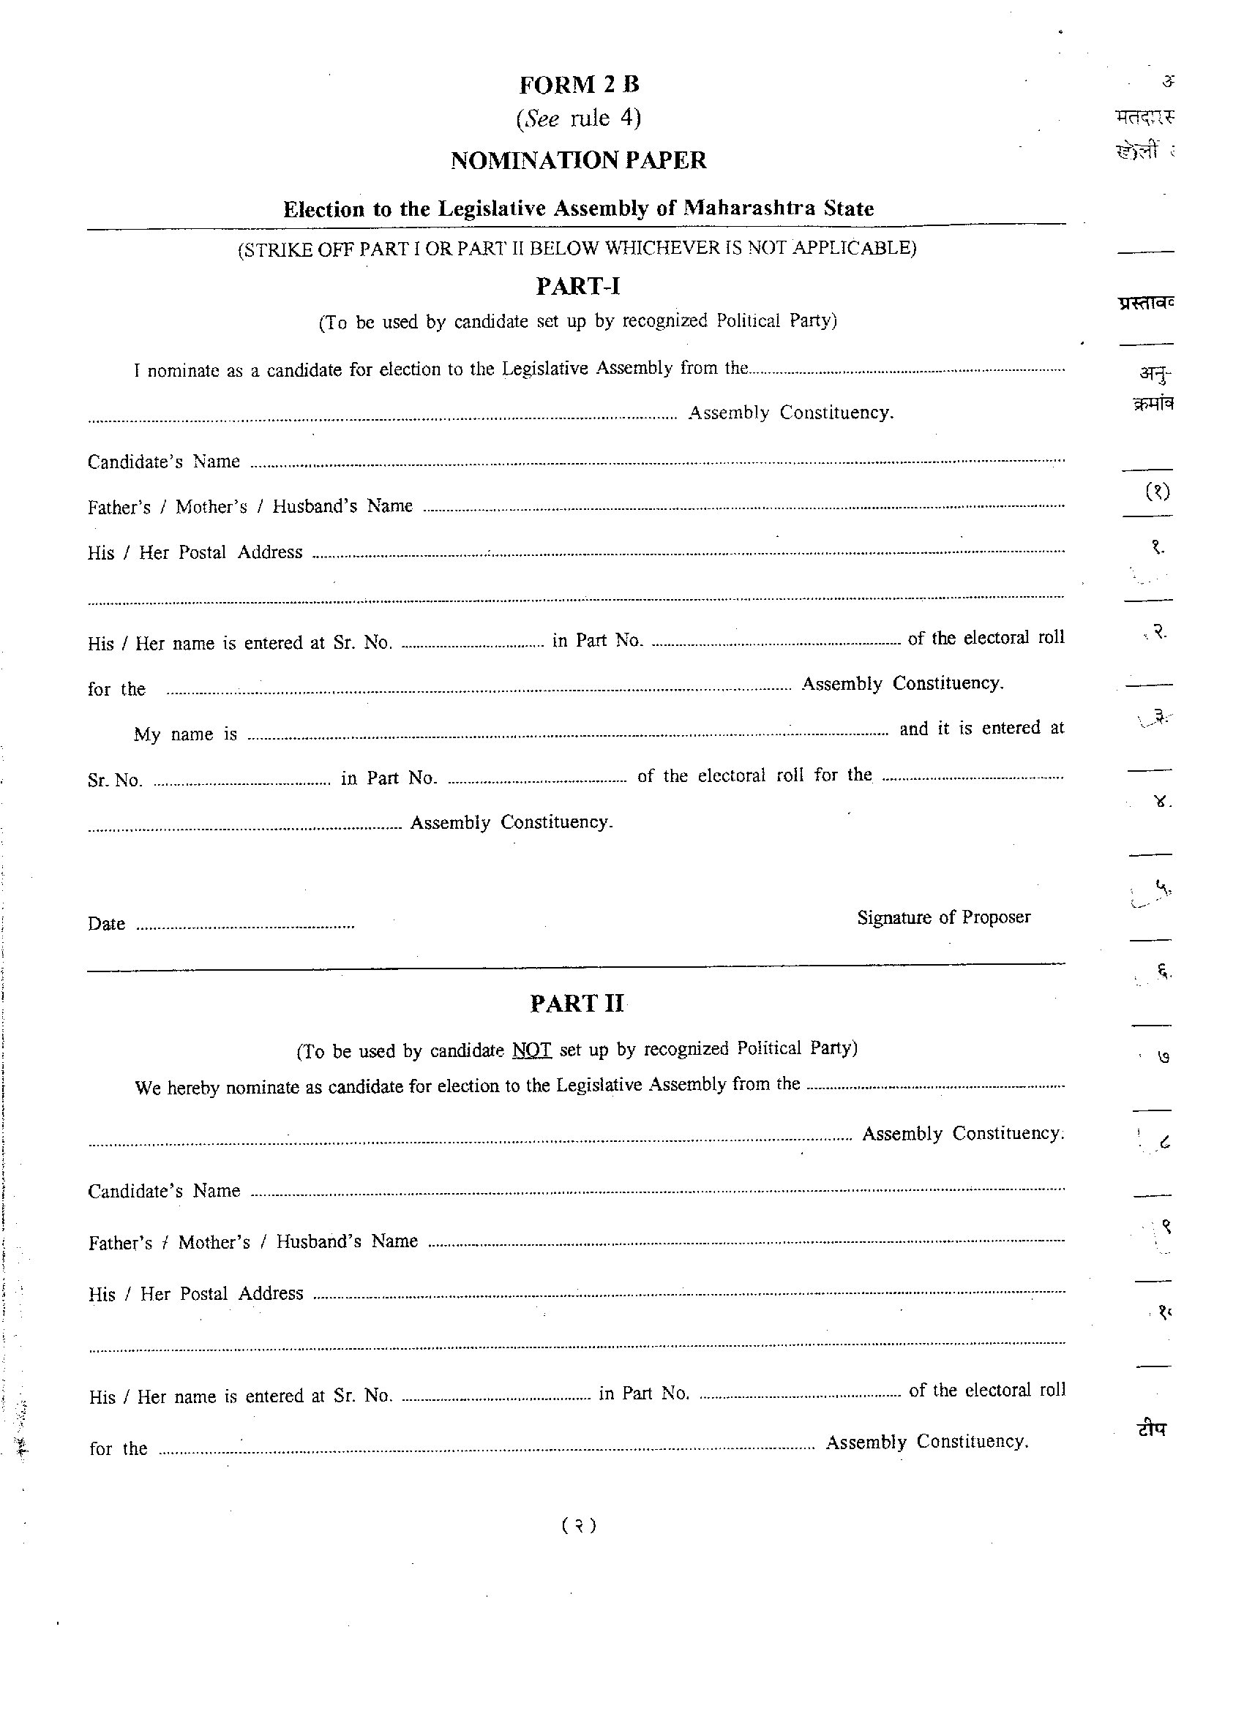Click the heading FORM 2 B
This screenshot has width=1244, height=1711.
coord(578,85)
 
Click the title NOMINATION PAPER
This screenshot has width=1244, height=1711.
coord(578,161)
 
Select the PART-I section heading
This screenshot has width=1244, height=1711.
coord(577,287)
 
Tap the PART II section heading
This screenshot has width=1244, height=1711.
coord(577,1004)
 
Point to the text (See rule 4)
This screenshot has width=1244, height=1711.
coord(578,119)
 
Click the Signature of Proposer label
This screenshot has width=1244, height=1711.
coord(943,917)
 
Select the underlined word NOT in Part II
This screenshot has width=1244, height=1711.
coord(531,1050)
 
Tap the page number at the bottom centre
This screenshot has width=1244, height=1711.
coord(579,1525)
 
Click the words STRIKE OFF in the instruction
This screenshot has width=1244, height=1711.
coord(296,249)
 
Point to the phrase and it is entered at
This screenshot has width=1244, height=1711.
coord(981,729)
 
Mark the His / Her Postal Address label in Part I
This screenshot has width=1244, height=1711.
coord(195,553)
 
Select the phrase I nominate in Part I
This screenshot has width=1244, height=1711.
coord(176,371)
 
